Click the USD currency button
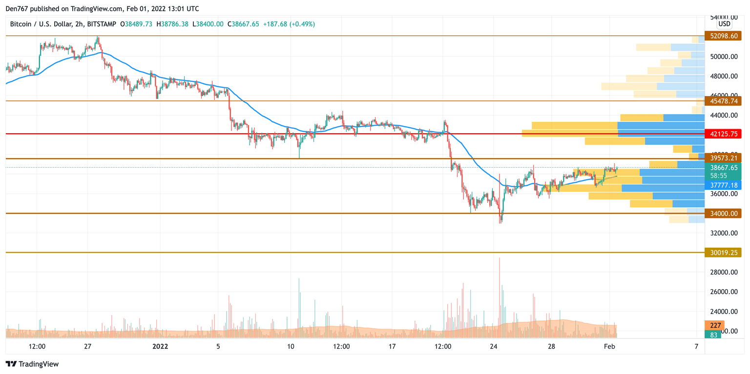724,24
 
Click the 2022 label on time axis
160,347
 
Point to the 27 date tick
88,347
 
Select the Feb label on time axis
608,347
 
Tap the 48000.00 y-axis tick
724,76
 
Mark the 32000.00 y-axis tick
724,233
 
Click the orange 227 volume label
714,326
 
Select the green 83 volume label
713,335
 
